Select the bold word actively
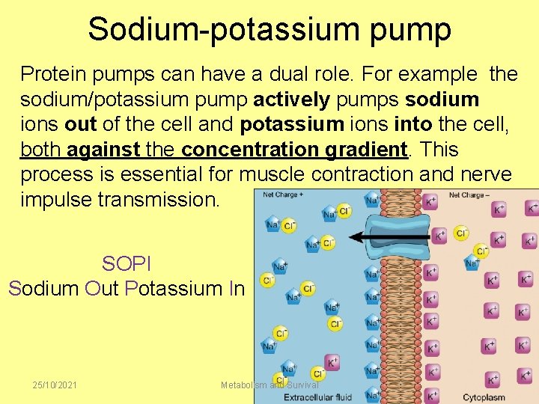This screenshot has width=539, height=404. click(x=291, y=100)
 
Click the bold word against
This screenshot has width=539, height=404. click(x=103, y=149)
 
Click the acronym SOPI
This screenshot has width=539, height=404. click(x=126, y=264)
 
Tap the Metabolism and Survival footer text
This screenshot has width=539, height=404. click(x=269, y=385)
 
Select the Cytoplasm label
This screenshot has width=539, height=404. click(x=484, y=397)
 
